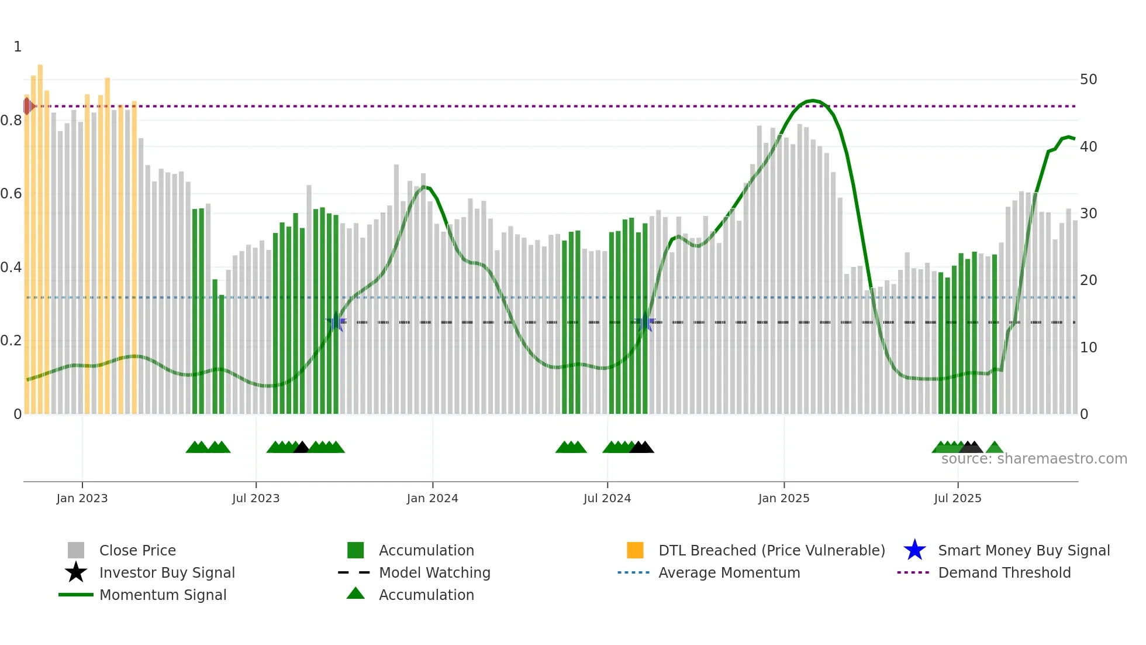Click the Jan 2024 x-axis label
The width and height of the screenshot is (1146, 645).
(x=432, y=498)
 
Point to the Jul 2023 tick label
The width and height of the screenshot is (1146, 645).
(x=256, y=498)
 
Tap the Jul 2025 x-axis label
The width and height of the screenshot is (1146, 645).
(x=957, y=498)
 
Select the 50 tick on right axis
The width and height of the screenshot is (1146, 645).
(x=1088, y=80)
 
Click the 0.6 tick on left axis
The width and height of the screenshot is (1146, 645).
(x=11, y=194)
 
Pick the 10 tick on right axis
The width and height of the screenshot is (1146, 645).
(x=1088, y=348)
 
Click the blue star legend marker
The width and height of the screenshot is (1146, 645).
(x=914, y=550)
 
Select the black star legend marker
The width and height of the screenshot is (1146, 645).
(x=76, y=572)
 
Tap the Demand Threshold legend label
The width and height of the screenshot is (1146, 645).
(x=1004, y=572)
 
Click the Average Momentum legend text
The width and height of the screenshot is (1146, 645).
(x=729, y=572)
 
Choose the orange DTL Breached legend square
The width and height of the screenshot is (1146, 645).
(x=635, y=550)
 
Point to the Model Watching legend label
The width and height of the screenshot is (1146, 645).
(x=434, y=572)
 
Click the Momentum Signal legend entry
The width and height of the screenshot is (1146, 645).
(x=163, y=595)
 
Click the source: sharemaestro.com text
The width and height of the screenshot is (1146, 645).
(x=1034, y=459)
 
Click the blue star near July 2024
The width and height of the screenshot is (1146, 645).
(x=645, y=322)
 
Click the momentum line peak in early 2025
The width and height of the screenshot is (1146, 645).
(x=813, y=101)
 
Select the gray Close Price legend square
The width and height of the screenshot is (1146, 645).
(x=76, y=550)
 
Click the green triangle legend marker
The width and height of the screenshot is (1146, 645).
(x=355, y=593)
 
